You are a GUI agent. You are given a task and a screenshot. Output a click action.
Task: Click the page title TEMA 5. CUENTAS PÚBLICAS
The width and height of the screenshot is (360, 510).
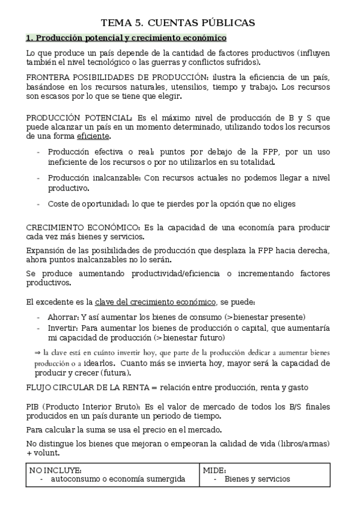[x=178, y=23]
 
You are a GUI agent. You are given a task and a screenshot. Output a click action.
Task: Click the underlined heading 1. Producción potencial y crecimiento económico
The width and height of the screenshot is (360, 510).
[x=126, y=38]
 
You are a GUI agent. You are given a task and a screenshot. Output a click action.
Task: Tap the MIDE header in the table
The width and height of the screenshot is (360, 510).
[x=214, y=469]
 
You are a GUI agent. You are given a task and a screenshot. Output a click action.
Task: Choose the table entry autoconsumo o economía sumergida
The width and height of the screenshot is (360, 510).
[x=118, y=479]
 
